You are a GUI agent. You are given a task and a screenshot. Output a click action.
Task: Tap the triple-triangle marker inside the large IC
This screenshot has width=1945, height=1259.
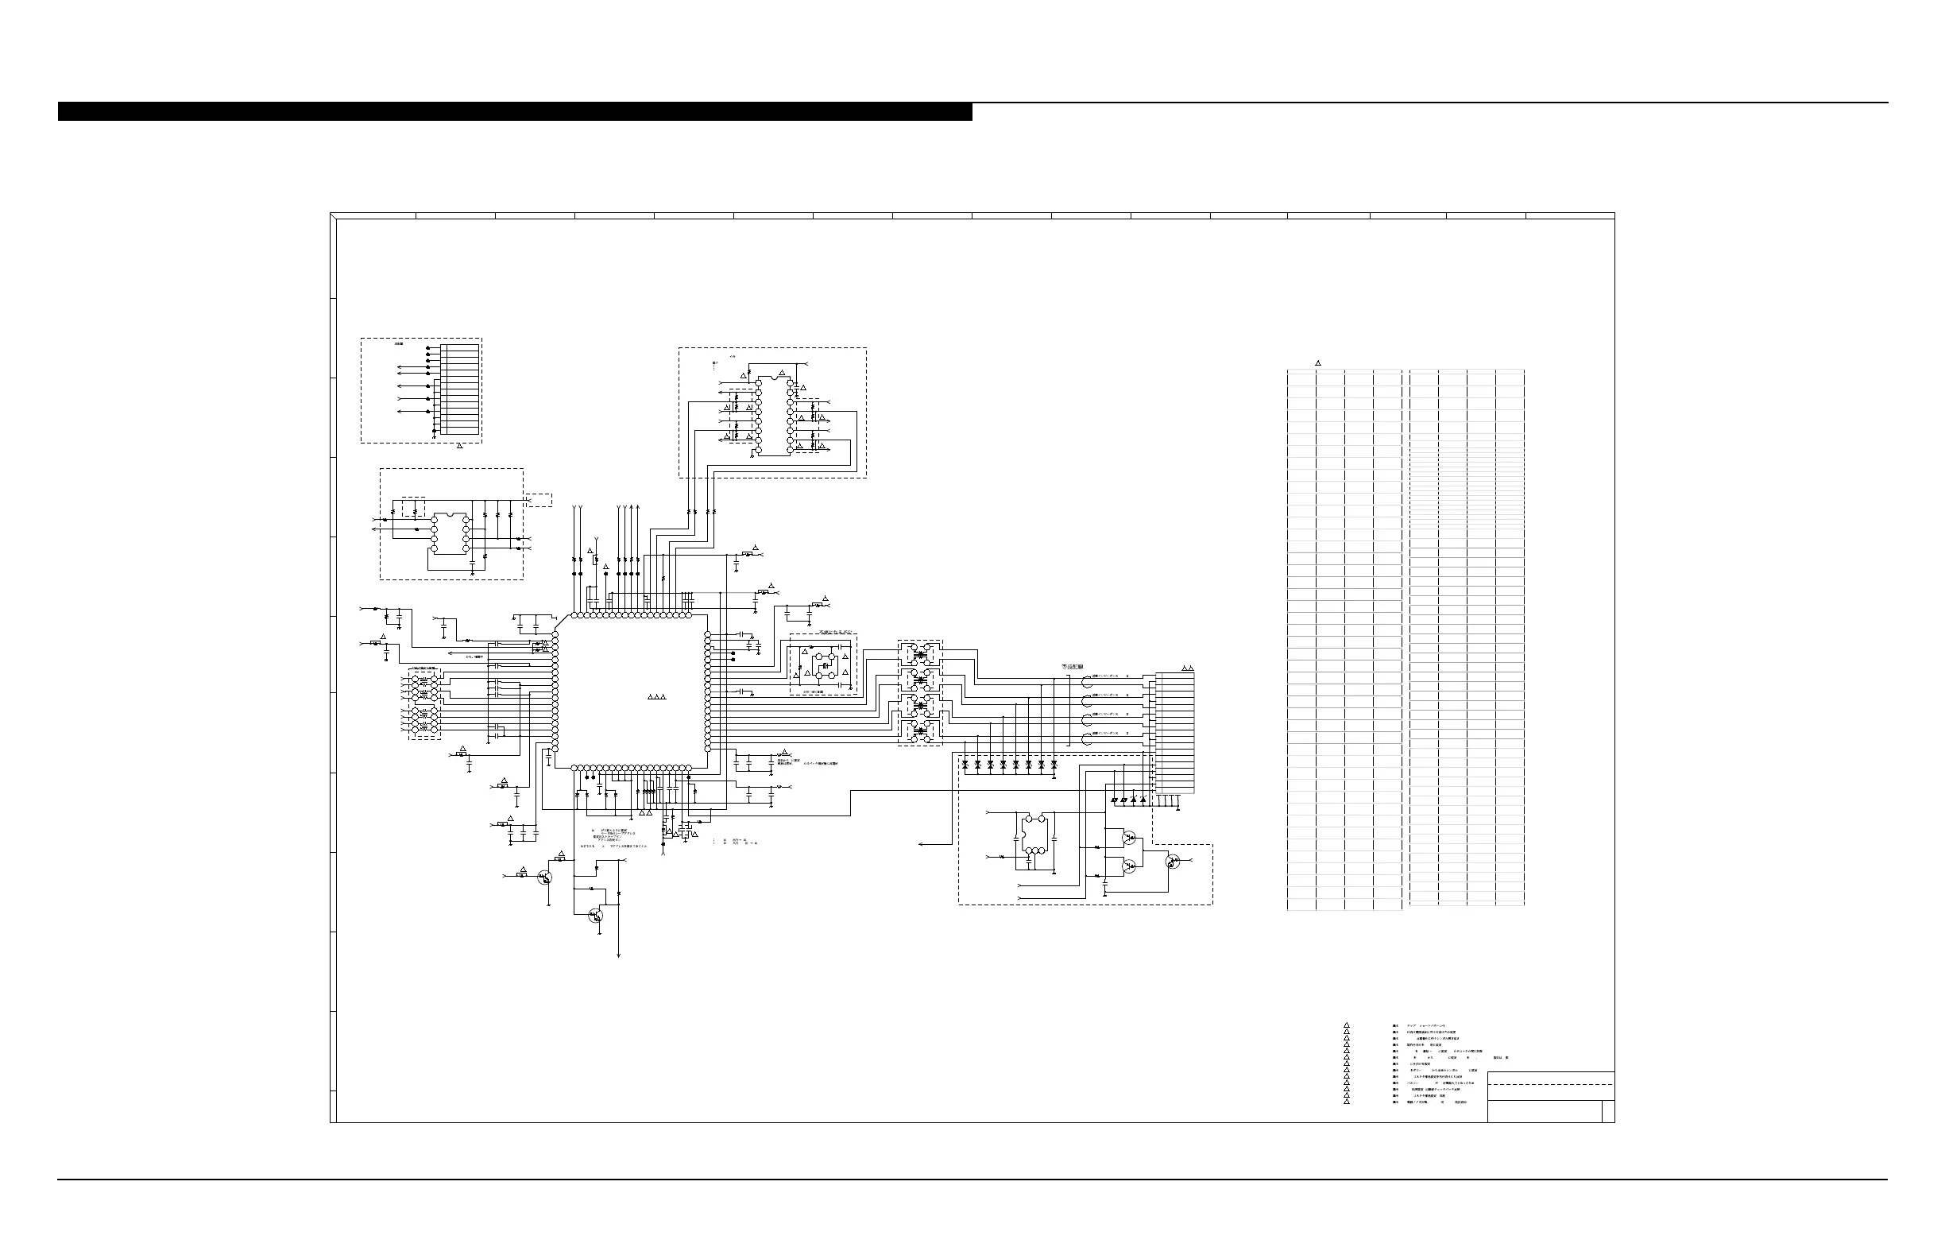click(658, 697)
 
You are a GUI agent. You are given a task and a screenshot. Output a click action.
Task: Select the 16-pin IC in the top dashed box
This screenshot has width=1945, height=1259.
click(774, 416)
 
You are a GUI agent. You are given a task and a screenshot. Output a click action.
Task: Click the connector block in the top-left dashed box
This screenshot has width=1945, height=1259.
click(460, 389)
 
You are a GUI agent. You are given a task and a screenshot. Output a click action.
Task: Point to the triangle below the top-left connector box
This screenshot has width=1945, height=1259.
click(459, 446)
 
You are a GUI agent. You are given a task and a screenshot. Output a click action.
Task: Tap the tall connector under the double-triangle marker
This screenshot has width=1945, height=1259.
click(1175, 733)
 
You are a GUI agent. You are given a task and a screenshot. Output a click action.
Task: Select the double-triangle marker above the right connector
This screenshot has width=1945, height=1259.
click(1188, 668)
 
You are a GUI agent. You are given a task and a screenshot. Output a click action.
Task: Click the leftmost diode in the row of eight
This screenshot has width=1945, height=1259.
click(966, 765)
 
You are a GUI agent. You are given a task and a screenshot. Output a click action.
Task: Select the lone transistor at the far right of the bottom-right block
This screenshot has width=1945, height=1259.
click(1173, 862)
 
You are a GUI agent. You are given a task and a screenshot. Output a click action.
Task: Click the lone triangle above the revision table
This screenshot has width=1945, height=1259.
click(1318, 363)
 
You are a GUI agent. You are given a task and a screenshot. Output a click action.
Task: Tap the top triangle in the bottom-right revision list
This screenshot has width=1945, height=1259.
click(1346, 1025)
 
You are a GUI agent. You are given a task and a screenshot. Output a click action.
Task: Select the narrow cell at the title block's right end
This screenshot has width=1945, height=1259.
click(1607, 1112)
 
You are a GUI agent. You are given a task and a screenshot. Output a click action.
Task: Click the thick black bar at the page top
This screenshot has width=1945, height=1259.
click(515, 112)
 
